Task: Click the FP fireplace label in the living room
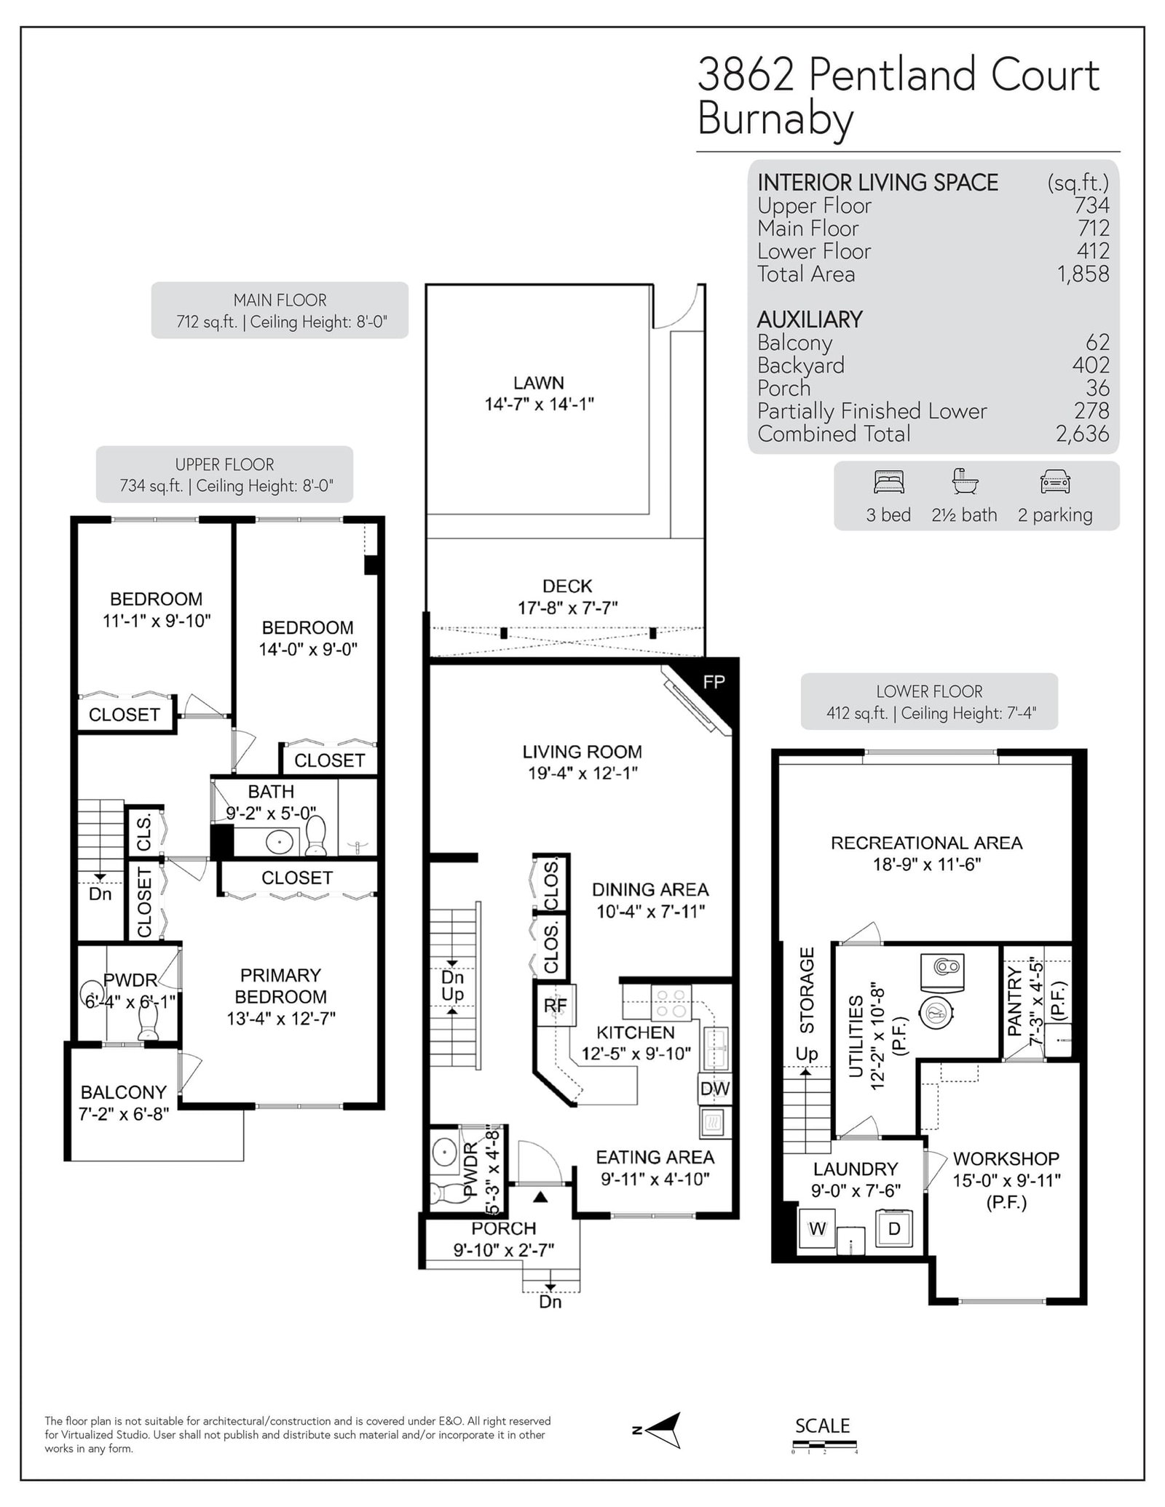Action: [714, 682]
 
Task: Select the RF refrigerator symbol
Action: [556, 1005]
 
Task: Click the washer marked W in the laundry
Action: [818, 1228]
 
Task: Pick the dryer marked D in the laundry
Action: [894, 1228]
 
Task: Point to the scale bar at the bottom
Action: [824, 1445]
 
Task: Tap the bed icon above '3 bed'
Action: [888, 482]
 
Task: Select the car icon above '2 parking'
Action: [1055, 482]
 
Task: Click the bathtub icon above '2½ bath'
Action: [965, 481]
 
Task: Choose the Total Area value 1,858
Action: [1083, 274]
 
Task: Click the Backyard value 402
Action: [1091, 365]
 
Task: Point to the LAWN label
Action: [539, 383]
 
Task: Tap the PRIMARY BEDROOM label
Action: [280, 985]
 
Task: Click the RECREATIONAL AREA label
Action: [927, 843]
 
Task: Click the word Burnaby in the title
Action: [775, 119]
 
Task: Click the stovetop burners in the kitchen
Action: [671, 1004]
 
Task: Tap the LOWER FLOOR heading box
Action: [929, 701]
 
